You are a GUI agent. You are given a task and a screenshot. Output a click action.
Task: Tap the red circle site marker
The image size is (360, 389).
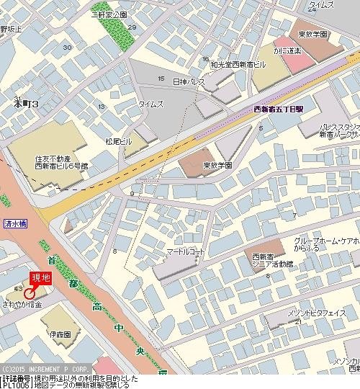click(30, 293)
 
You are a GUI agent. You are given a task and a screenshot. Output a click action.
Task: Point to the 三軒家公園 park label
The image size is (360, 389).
click(109, 14)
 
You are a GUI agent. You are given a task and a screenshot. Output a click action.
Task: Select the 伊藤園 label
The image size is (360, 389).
click(60, 335)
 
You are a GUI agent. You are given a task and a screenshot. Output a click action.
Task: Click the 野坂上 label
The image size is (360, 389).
click(11, 30)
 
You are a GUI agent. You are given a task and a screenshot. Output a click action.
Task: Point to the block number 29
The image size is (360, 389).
click(131, 27)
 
